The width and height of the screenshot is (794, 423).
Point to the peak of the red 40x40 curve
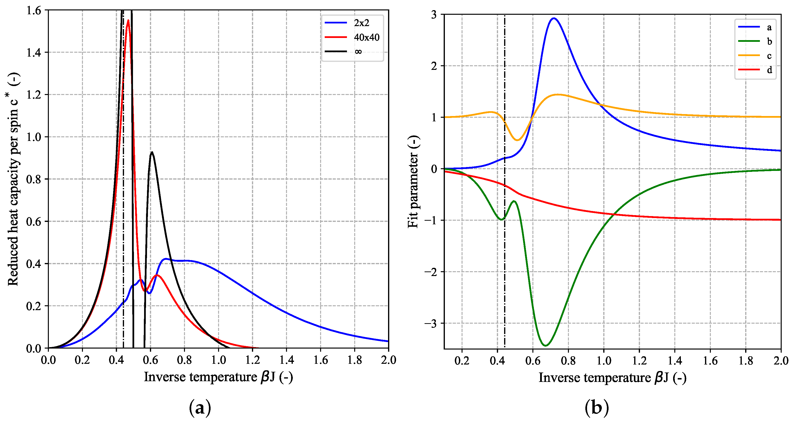(x=128, y=20)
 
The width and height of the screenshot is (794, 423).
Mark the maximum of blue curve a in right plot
(x=554, y=18)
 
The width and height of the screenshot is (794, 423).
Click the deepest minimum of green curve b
(x=545, y=345)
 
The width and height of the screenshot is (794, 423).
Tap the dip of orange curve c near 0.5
(x=517, y=140)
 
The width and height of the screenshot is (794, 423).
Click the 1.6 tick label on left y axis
(x=34, y=10)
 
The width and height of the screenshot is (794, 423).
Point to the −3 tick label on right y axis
(x=431, y=323)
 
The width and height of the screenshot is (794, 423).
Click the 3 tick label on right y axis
(x=434, y=15)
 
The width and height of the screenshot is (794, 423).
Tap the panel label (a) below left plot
(x=200, y=408)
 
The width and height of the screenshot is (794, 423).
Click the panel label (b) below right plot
(x=596, y=408)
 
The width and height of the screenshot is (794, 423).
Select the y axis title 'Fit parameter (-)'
(x=413, y=182)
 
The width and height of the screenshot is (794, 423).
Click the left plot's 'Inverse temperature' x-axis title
(x=218, y=377)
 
